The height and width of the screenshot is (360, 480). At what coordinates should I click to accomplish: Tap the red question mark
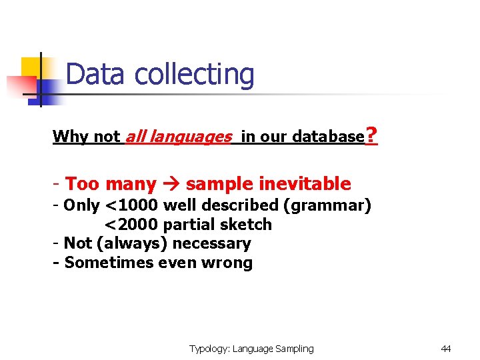click(x=372, y=136)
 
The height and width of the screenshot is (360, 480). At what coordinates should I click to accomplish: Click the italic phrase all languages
click(x=178, y=137)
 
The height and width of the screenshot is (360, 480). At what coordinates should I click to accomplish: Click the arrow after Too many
click(x=171, y=184)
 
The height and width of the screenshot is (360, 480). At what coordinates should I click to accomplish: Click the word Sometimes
click(x=100, y=263)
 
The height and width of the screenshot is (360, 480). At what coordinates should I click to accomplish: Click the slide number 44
click(x=446, y=349)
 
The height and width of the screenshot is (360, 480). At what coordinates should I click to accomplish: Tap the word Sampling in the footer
click(x=294, y=349)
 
